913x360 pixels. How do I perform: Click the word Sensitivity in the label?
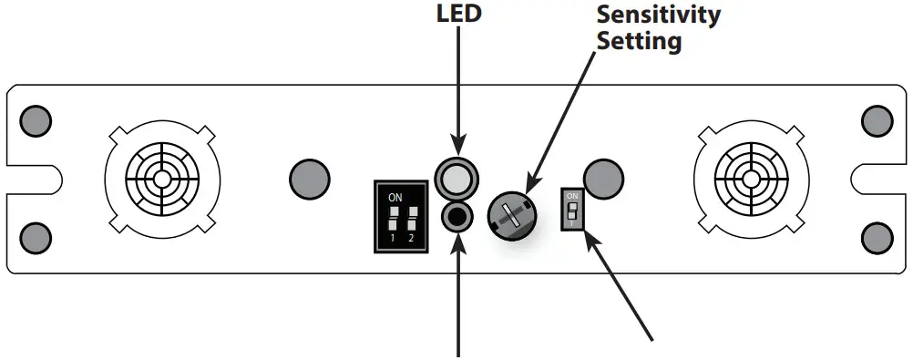[657, 15]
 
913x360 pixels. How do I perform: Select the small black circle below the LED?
[456, 216]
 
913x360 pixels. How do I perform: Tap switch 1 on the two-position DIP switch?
[393, 219]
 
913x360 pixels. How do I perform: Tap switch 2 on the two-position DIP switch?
[413, 219]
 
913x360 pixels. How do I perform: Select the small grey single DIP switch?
[572, 211]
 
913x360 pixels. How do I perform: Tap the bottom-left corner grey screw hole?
[36, 234]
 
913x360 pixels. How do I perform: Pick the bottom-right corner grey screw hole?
[876, 234]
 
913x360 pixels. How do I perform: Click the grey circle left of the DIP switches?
[309, 177]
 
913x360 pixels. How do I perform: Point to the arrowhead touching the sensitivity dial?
[532, 187]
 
